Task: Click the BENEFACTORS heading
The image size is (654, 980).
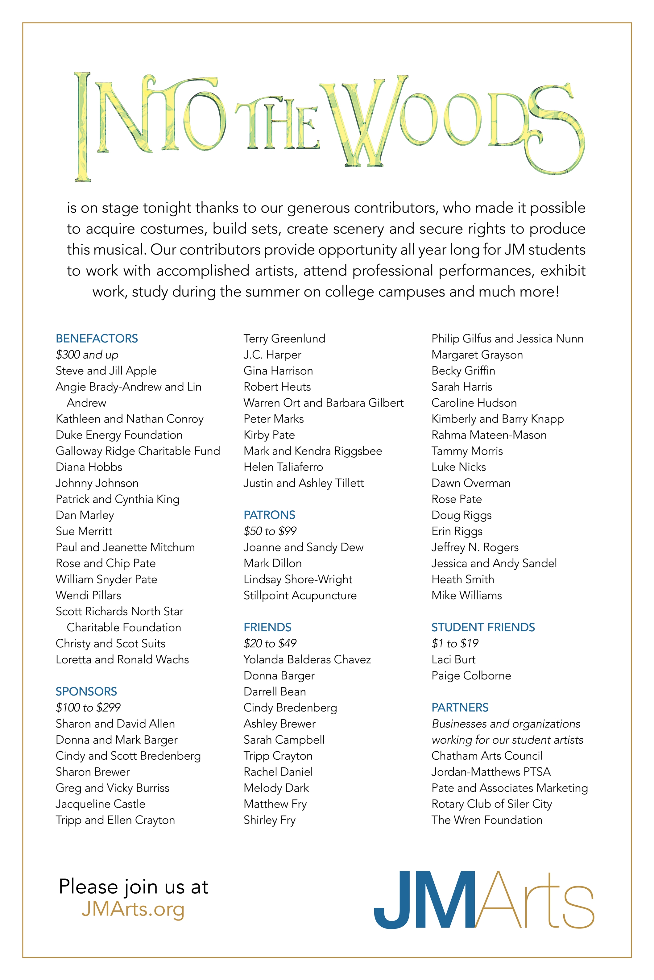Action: (x=97, y=338)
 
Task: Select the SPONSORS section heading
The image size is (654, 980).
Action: (x=86, y=691)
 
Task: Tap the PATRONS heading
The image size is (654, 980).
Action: (x=269, y=515)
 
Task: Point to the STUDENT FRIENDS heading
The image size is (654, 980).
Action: (x=483, y=627)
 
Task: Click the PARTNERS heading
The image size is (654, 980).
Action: (x=460, y=708)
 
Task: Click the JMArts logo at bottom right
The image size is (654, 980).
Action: (x=484, y=899)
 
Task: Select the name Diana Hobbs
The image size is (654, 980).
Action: (x=89, y=467)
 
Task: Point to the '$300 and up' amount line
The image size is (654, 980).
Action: (x=87, y=355)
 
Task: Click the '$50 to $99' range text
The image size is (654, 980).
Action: (x=270, y=531)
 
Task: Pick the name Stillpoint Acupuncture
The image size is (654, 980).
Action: (x=300, y=595)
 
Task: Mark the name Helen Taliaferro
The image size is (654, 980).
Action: (x=283, y=467)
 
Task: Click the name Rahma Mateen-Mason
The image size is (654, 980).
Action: (x=489, y=435)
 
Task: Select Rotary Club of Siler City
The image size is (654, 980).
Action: (x=492, y=804)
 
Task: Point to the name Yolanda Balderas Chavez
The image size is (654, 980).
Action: (x=307, y=660)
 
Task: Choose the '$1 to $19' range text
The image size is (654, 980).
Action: (x=455, y=643)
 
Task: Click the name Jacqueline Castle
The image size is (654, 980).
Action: (x=101, y=804)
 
